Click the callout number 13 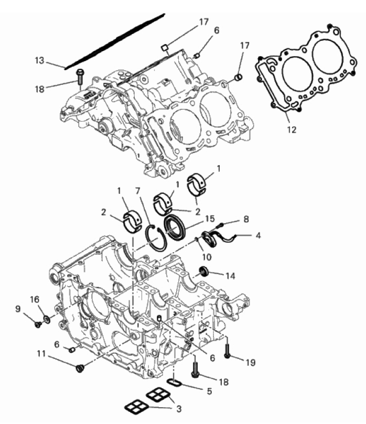tap(39, 61)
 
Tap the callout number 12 tap(292, 129)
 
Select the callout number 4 tap(259, 235)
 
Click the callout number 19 tap(251, 362)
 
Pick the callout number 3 tap(179, 409)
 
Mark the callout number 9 tap(18, 309)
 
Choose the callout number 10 tap(207, 257)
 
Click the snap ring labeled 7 tap(155, 238)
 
